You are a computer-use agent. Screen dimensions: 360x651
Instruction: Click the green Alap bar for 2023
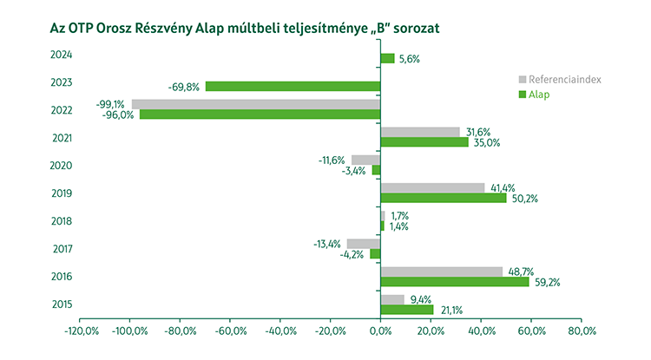point(293,87)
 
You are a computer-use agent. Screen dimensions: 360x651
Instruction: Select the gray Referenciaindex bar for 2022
point(256,104)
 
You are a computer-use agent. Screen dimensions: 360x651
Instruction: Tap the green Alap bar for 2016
point(455,281)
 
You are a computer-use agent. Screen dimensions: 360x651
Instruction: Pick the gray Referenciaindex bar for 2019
point(432,187)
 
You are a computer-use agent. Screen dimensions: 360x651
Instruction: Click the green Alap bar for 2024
point(387,58)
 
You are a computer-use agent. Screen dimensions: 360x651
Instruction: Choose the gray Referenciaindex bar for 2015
point(392,299)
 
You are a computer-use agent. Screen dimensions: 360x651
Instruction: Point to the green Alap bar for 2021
point(424,142)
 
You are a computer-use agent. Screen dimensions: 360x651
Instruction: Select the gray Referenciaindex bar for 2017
point(364,244)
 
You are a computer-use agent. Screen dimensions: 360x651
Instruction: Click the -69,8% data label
point(185,87)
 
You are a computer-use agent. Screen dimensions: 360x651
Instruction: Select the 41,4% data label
point(503,187)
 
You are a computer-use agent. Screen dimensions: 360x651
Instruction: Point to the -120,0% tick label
point(80,331)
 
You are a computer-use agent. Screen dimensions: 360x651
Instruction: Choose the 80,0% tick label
point(582,331)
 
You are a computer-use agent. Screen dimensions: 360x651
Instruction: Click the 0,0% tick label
point(380,331)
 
